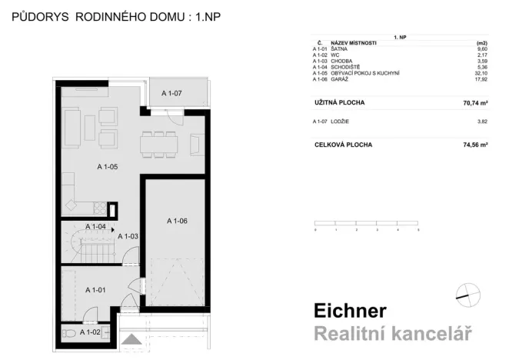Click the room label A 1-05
tap(108, 166)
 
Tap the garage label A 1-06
tap(177, 221)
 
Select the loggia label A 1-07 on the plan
tap(172, 93)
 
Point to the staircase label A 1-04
tap(95, 227)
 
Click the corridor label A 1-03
tap(128, 236)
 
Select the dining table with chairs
tap(159, 142)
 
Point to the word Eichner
tap(350, 311)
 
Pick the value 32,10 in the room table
tap(483, 74)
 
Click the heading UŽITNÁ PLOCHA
tap(339, 102)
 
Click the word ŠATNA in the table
tap(339, 48)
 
